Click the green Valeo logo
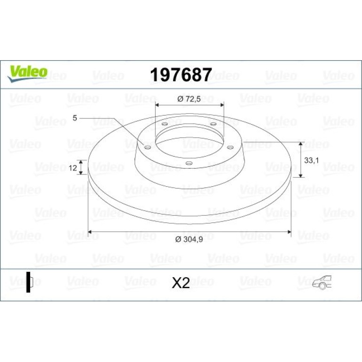pos(27,73)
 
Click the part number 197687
pos(181,75)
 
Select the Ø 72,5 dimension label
pos(189,99)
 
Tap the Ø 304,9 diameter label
pos(189,239)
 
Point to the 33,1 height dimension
pos(311,160)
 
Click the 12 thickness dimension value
pos(73,168)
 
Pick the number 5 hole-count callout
pos(75,118)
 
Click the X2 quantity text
pos(181,283)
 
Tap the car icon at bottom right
pos(322,282)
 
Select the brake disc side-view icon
pos(30,282)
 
